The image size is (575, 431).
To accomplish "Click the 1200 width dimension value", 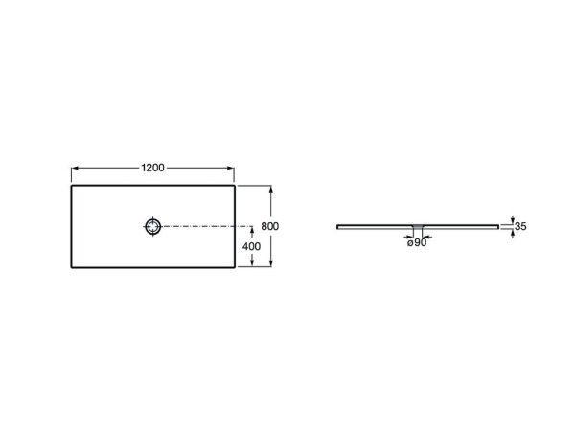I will coord(153,167).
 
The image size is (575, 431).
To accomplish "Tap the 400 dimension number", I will coord(250,247).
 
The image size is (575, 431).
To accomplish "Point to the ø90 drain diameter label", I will coord(417,243).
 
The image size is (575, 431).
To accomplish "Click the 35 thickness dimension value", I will coord(520,227).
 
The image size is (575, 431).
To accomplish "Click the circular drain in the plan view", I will coord(153,227).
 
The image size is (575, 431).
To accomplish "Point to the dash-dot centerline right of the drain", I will coord(201,227).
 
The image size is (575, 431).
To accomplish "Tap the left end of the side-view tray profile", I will coord(338,227).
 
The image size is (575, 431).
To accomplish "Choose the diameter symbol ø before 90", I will coord(410,243).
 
